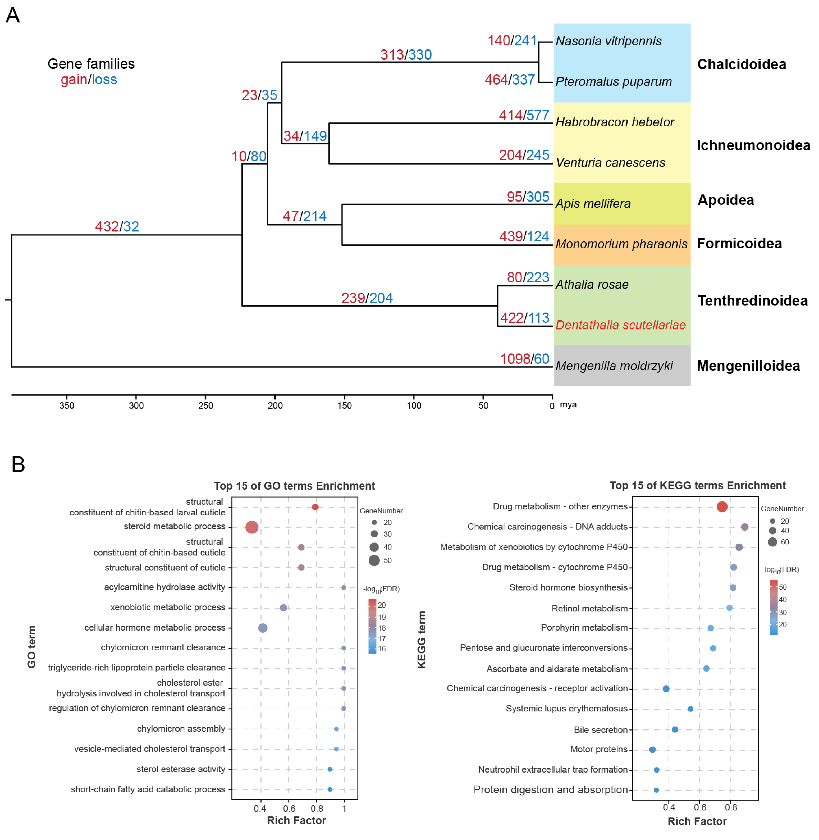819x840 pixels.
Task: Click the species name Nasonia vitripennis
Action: [x=608, y=41]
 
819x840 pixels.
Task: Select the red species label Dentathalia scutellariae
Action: [x=620, y=325]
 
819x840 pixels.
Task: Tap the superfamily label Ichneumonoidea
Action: [x=753, y=145]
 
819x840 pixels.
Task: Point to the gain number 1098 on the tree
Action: [x=514, y=359]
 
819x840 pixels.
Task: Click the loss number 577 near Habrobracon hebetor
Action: [x=538, y=115]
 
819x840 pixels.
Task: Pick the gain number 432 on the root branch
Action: [x=107, y=227]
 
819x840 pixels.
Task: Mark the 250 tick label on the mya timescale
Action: [x=206, y=406]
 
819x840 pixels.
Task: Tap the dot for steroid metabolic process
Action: [x=252, y=527]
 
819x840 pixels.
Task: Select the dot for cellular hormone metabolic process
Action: [x=263, y=628]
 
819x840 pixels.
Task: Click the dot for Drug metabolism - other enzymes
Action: [x=722, y=507]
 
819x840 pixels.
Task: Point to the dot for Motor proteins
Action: [x=653, y=750]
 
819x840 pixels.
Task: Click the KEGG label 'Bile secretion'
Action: [x=601, y=730]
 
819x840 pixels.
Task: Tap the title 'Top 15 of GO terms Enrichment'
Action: [x=294, y=486]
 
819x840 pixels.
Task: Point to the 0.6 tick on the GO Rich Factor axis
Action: [x=289, y=809]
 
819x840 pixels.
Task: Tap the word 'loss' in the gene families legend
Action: [x=104, y=80]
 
